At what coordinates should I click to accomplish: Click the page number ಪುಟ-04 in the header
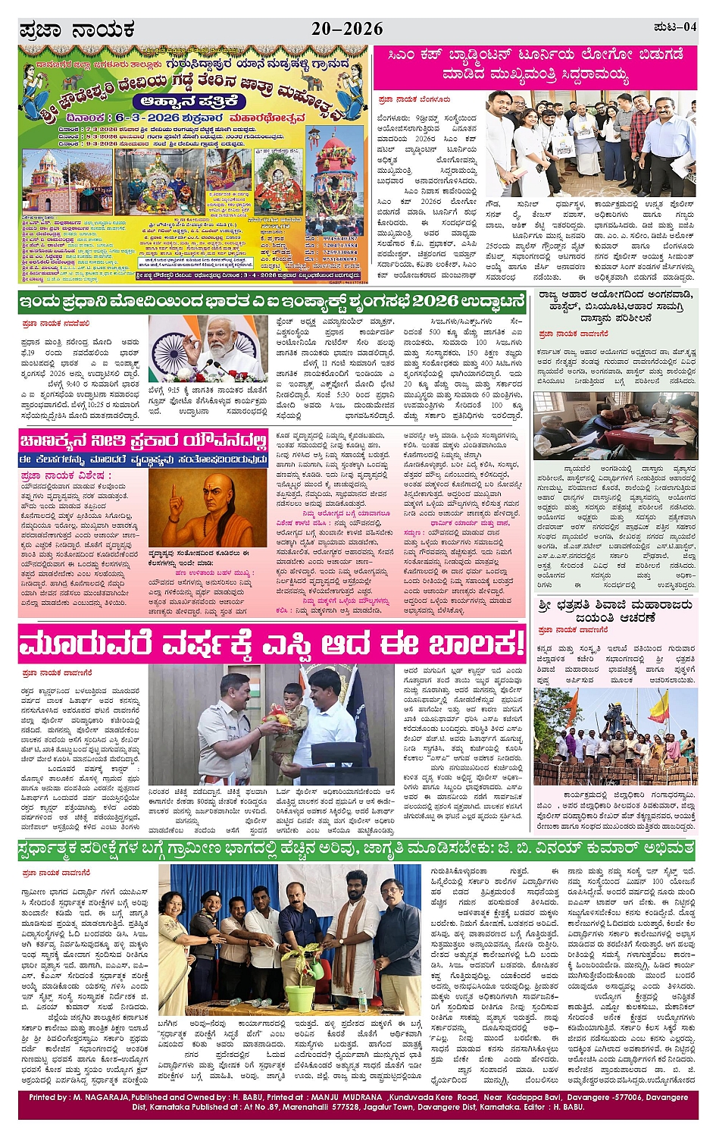click(x=674, y=28)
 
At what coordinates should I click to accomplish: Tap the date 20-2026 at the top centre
click(x=347, y=30)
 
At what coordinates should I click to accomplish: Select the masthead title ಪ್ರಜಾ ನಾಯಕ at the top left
click(x=77, y=30)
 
